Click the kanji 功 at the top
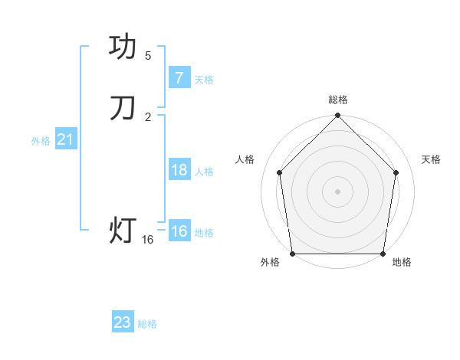123,47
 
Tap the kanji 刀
123,108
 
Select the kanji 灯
123,230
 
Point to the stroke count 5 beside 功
148,56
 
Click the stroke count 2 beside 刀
148,116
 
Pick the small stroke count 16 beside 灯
148,240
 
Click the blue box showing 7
179,78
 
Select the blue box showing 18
179,170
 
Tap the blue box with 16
179,231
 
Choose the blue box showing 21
65,139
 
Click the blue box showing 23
123,322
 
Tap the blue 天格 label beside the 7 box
204,80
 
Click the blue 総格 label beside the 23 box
147,324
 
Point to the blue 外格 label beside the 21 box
41,141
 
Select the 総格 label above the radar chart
338,100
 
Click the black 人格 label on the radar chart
245,159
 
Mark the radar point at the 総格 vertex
337,116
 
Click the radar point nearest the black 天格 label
396,172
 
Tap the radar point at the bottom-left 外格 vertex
292,254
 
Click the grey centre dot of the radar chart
337,191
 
